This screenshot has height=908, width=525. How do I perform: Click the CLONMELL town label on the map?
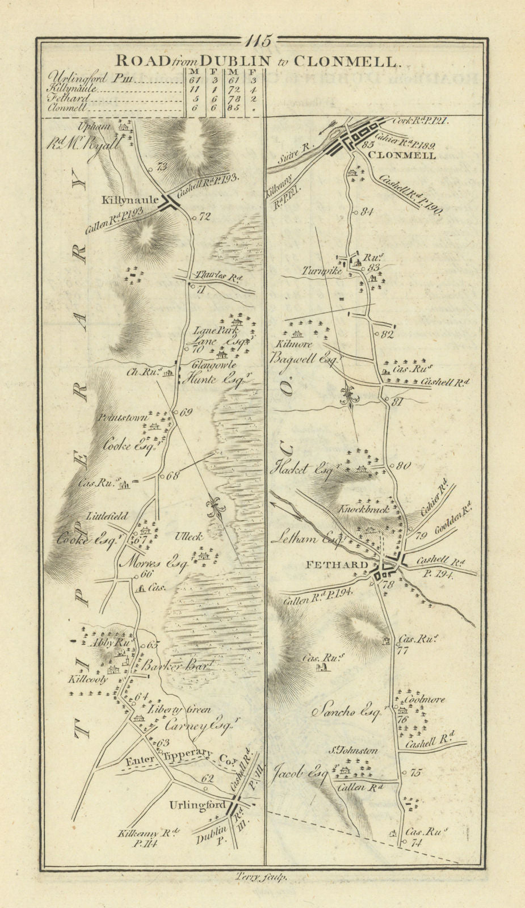402,155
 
